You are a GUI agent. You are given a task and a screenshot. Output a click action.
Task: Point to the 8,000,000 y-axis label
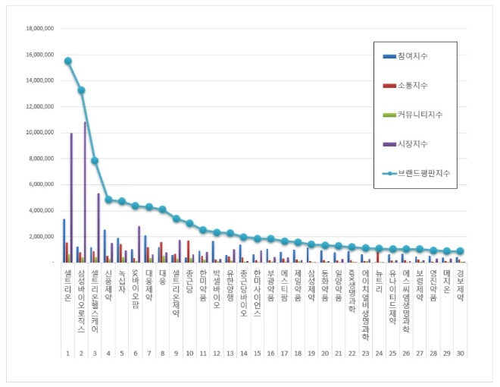(x=39, y=159)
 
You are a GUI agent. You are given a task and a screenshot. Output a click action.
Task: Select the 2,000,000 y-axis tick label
(x=39, y=237)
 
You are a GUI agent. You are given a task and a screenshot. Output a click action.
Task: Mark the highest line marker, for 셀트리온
(x=68, y=61)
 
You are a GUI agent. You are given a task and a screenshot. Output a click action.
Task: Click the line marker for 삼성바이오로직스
(x=81, y=90)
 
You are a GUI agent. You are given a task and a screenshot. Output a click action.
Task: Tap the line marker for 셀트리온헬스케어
(x=95, y=160)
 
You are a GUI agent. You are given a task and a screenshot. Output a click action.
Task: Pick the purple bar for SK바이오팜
(x=139, y=244)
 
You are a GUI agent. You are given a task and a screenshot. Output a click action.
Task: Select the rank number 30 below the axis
(x=460, y=354)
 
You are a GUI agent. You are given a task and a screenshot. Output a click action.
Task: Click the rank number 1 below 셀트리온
(x=67, y=354)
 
